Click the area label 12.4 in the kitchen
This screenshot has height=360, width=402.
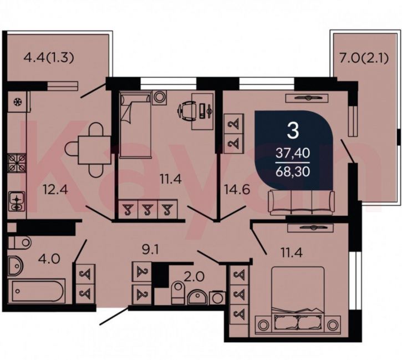[x=55, y=190]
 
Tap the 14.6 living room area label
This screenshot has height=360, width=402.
[x=237, y=190]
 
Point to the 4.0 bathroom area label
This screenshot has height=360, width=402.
[x=49, y=258]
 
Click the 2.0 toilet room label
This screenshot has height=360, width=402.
[x=194, y=277]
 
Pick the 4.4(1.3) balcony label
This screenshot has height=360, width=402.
[x=49, y=58]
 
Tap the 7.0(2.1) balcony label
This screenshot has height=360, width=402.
[x=364, y=58]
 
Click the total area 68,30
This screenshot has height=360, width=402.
[x=293, y=171]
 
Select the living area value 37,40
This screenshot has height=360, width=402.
[x=293, y=153]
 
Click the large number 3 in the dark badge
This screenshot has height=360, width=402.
[x=293, y=130]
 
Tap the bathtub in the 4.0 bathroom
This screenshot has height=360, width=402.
[x=36, y=291]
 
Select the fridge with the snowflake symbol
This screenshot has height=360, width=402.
[x=18, y=102]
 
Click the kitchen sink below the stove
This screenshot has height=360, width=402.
[x=17, y=201]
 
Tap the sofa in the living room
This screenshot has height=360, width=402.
[x=301, y=202]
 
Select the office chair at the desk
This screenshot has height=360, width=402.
[x=187, y=111]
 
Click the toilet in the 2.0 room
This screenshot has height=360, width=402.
[x=178, y=292]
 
